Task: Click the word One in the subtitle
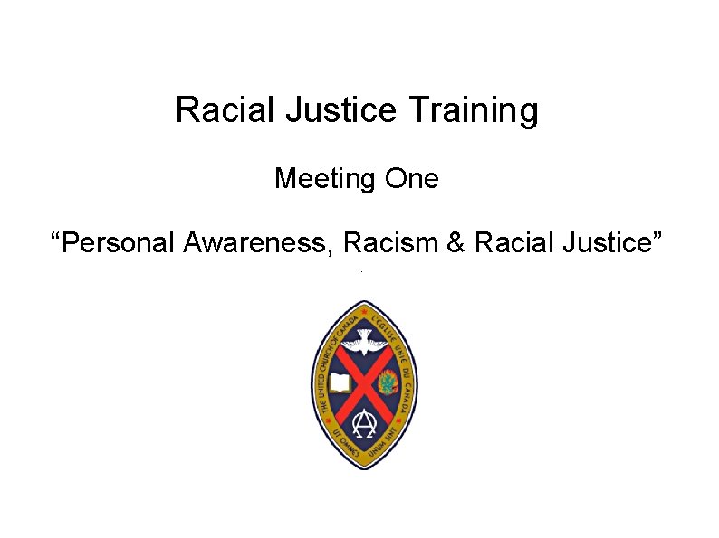click(x=411, y=179)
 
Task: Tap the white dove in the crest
click(x=365, y=341)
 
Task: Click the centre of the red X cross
click(x=364, y=383)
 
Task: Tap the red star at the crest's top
click(x=364, y=310)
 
